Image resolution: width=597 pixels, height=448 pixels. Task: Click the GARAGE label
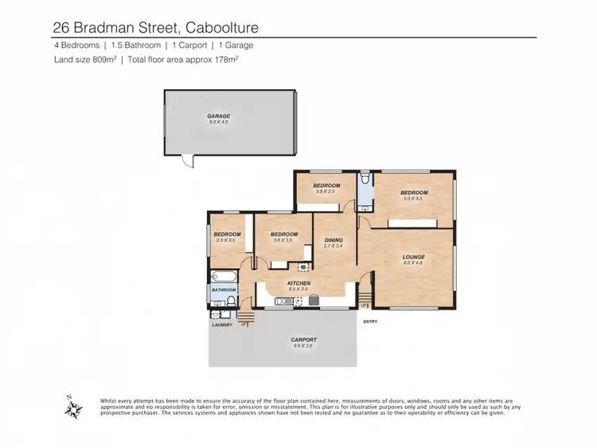coord(219,116)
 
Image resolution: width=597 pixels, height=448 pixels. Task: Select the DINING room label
coord(333,240)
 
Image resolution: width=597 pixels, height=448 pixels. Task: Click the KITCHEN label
coord(298,283)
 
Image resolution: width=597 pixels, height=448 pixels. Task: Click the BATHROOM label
coord(224,290)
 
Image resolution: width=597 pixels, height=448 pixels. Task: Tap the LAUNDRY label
coord(221,325)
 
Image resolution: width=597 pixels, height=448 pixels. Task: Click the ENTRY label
coord(370,321)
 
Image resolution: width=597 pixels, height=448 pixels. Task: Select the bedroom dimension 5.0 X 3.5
coord(413,199)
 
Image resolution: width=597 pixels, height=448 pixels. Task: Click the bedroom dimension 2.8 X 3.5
coord(226,240)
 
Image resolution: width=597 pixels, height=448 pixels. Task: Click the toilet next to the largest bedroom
coord(365,181)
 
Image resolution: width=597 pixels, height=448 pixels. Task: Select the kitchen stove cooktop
coord(314,300)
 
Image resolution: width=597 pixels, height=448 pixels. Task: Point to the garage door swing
coord(186,162)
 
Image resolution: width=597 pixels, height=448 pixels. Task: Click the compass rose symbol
coord(74,409)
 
